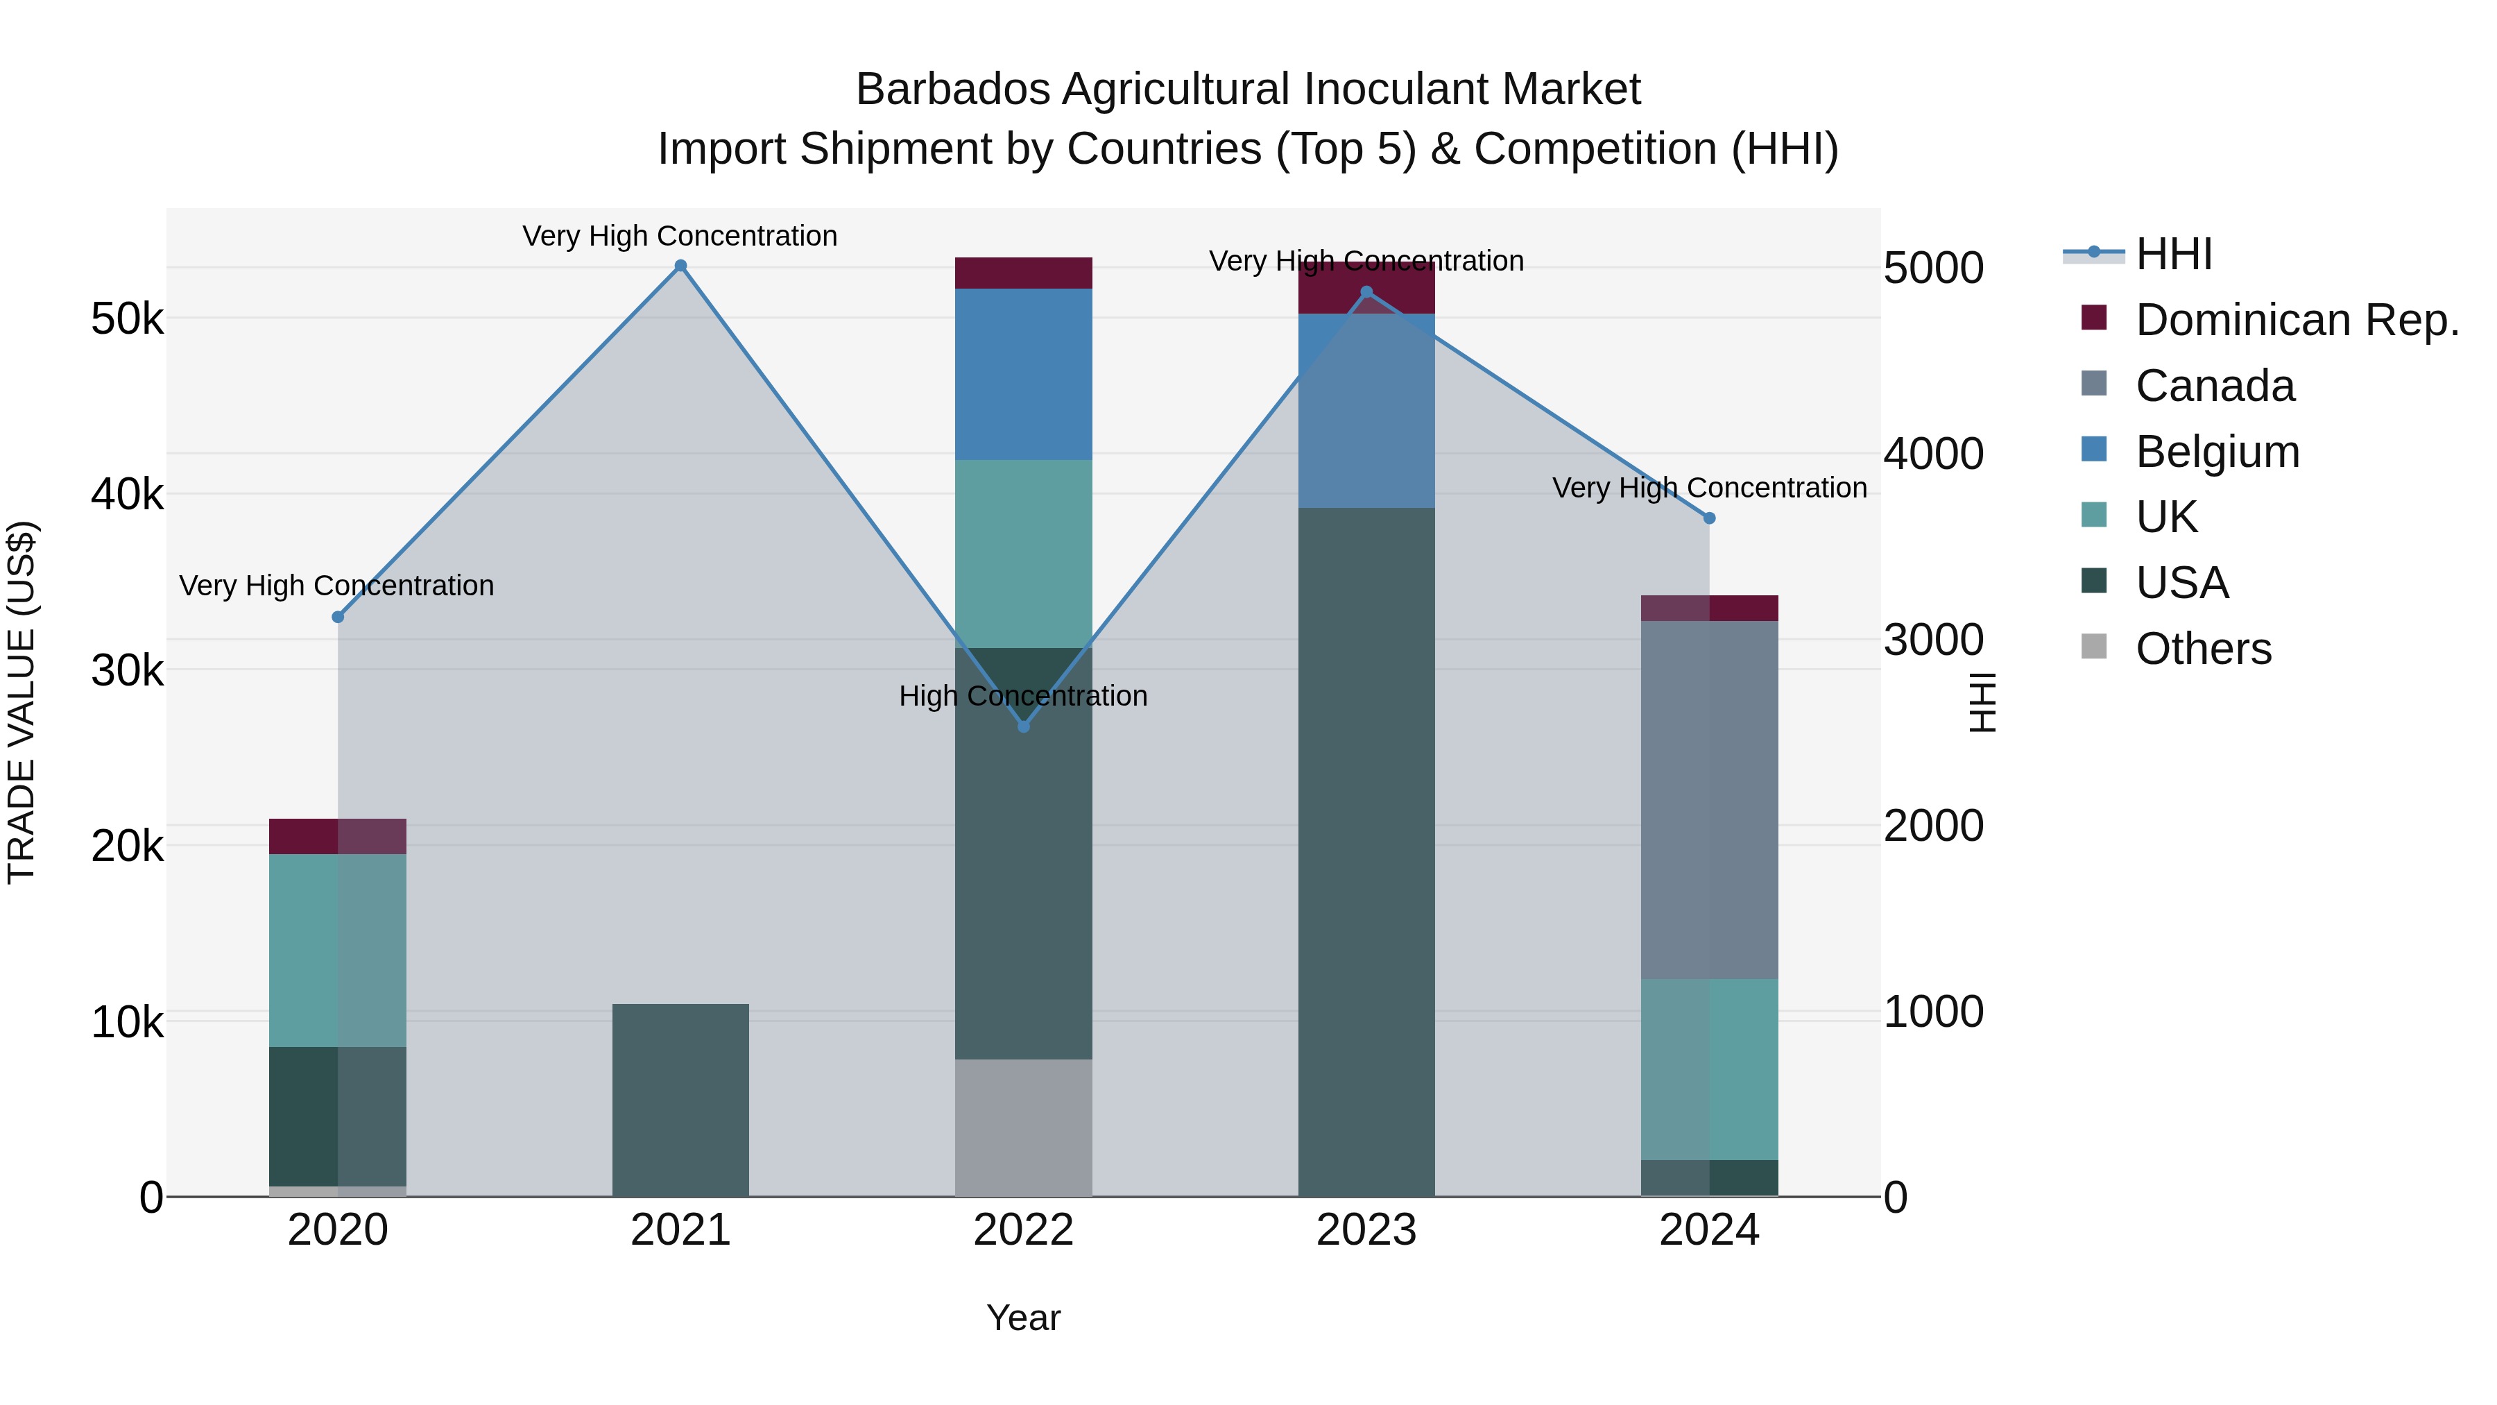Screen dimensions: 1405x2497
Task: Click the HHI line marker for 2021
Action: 680,266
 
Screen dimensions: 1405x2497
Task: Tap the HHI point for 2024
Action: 1709,519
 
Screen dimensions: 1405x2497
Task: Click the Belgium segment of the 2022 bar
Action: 1024,373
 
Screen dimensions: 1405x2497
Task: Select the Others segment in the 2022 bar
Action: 1024,1127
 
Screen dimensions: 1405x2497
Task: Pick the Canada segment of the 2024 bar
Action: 1709,799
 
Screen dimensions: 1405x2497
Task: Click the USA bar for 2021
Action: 680,1100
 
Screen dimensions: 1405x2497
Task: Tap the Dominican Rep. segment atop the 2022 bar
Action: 1024,273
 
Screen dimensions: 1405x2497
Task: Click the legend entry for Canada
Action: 2214,386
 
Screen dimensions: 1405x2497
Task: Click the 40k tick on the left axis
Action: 127,495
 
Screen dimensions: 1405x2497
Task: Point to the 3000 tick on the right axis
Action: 1933,640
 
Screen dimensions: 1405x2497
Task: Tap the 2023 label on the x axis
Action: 1366,1230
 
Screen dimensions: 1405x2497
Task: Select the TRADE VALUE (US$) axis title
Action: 22,702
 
